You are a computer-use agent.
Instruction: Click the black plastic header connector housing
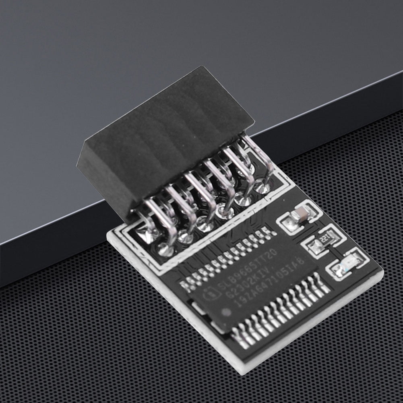[165, 137]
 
